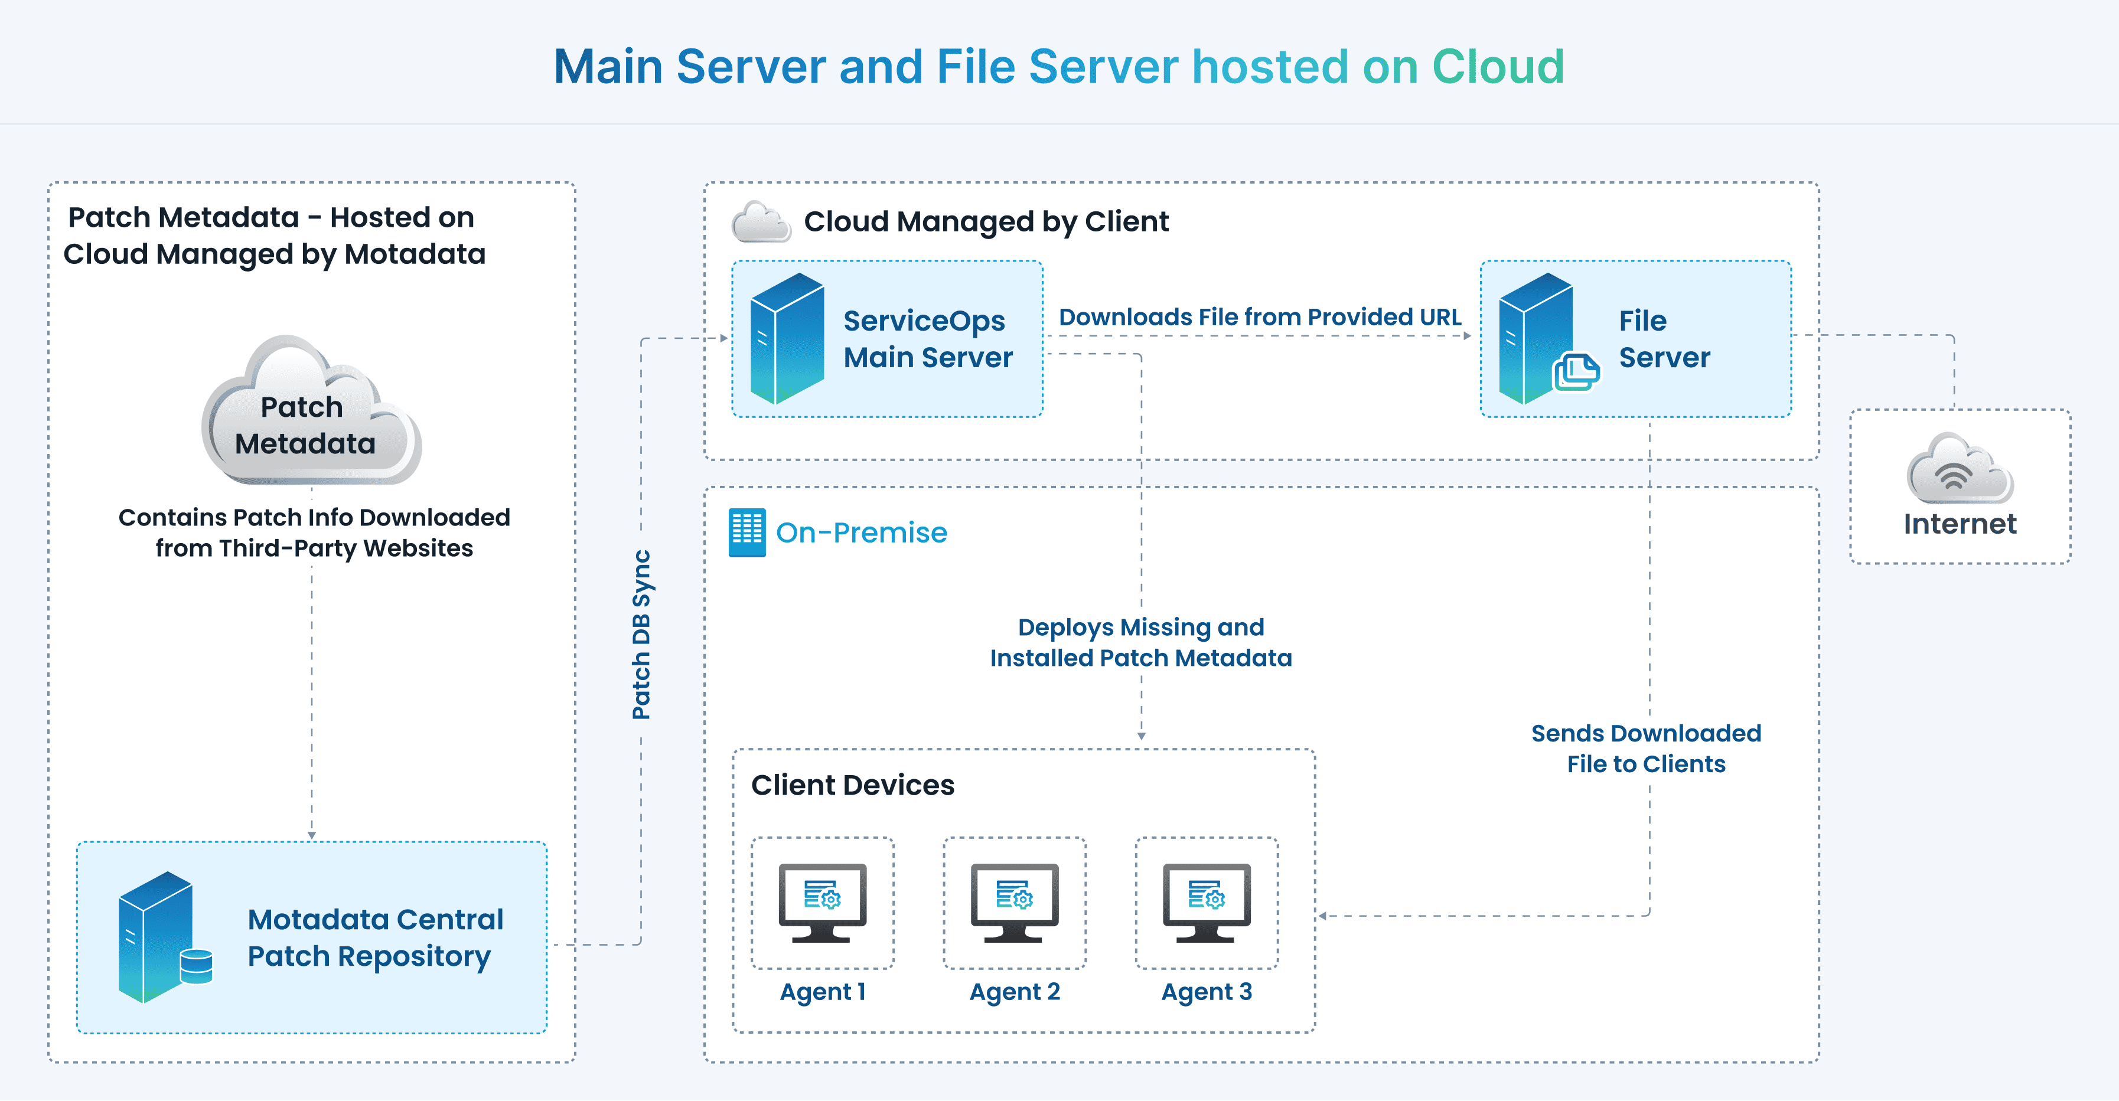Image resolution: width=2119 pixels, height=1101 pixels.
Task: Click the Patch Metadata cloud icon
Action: tap(311, 411)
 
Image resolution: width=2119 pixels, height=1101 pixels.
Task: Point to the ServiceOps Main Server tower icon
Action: tap(787, 339)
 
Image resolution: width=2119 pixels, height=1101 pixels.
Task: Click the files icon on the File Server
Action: tap(1575, 373)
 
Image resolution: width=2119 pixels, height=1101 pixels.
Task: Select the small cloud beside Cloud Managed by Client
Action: tap(761, 222)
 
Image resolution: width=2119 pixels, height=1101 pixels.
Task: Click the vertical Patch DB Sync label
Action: tap(641, 634)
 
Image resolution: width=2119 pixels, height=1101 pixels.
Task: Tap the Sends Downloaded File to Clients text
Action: tap(1646, 748)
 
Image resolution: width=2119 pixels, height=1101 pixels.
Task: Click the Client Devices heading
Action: tap(852, 785)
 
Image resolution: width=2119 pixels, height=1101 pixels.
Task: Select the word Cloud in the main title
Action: tap(1497, 67)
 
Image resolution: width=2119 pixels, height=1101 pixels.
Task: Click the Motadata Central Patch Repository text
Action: tap(375, 937)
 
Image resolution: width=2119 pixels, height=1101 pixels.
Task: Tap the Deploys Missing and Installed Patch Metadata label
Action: tap(1141, 642)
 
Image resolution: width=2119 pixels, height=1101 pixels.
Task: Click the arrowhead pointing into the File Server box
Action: tap(1466, 335)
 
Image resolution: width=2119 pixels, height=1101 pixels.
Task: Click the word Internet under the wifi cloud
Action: tap(1960, 524)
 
